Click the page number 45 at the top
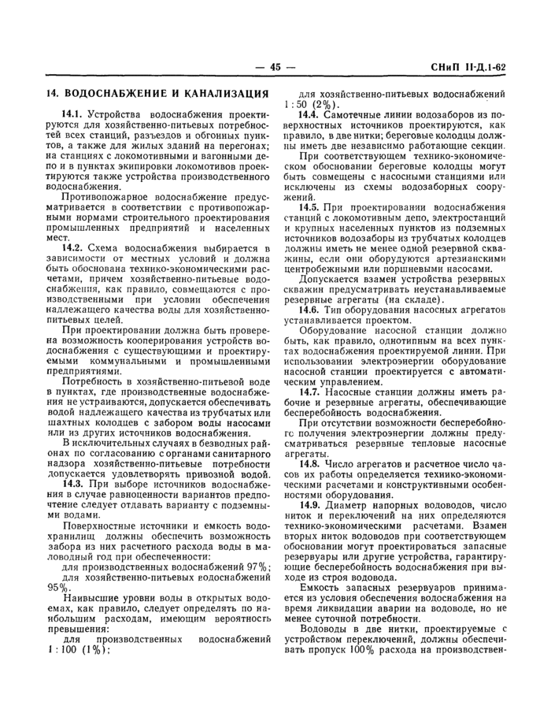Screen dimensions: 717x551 coord(275,67)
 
